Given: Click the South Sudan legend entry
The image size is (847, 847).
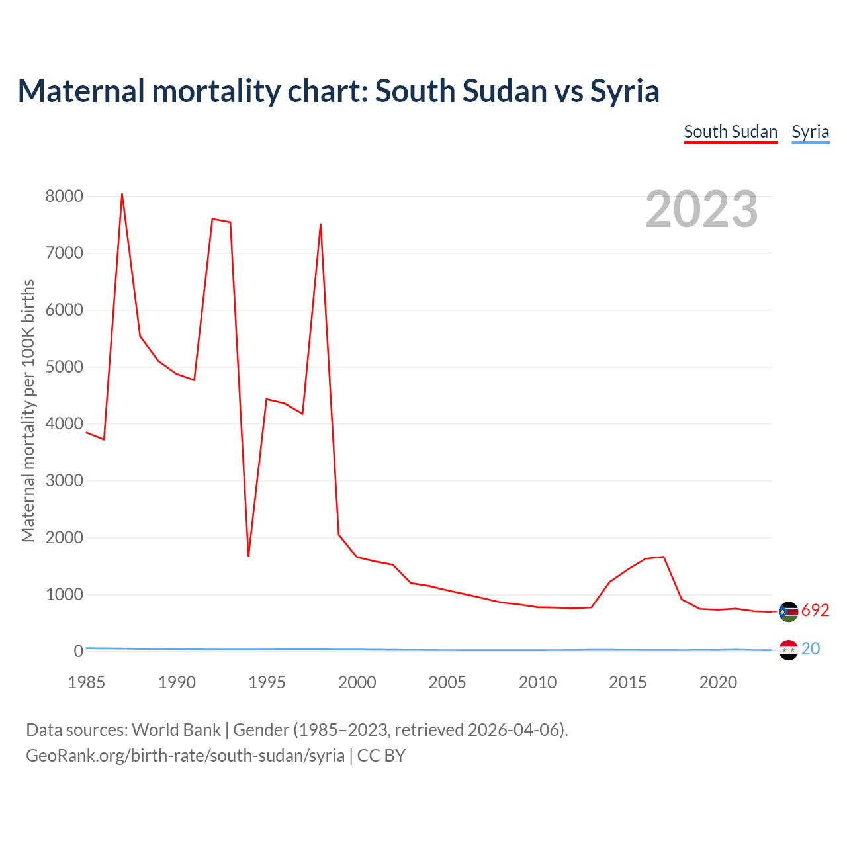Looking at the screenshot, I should click(x=731, y=132).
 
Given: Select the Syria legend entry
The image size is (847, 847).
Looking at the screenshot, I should click(x=810, y=132).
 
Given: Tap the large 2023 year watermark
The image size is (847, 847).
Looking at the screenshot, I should click(x=701, y=209).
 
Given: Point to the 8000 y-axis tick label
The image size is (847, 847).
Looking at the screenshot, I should click(x=64, y=196).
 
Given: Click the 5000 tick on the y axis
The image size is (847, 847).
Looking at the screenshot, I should click(x=64, y=367).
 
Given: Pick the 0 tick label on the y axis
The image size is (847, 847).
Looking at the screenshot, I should click(x=79, y=651).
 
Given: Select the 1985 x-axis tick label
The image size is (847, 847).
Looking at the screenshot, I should click(x=87, y=682).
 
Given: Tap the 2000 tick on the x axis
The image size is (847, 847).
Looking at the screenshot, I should click(x=357, y=682).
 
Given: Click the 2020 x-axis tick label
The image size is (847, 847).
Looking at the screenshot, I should click(x=718, y=682).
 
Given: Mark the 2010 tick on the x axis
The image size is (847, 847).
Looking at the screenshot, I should click(x=537, y=682).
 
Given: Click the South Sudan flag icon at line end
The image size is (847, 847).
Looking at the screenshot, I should click(x=789, y=612).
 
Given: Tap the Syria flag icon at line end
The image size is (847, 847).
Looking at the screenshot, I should click(x=789, y=650).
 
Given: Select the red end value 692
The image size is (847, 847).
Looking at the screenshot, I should click(x=815, y=610).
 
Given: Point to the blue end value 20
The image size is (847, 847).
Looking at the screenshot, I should click(x=811, y=648).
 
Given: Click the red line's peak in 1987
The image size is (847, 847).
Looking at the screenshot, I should click(x=122, y=195).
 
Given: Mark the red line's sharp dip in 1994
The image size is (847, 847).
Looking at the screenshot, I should click(x=248, y=555).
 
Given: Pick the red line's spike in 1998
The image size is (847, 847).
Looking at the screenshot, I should click(x=320, y=225).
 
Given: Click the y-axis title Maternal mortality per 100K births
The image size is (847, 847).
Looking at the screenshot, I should click(x=28, y=410).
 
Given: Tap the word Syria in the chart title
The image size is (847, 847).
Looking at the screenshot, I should click(x=624, y=91).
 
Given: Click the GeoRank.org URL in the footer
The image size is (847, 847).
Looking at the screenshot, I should click(x=185, y=756).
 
